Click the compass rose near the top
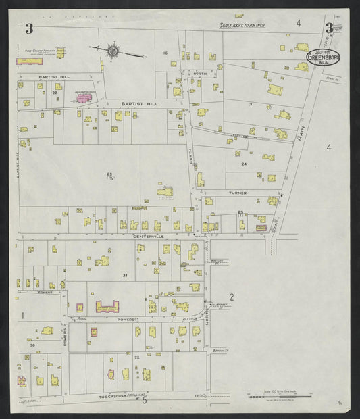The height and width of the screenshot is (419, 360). point(113,49)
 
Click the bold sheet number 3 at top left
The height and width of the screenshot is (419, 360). point(28,28)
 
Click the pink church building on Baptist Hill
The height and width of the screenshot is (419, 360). point(84,98)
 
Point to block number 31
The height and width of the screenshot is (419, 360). point(124,275)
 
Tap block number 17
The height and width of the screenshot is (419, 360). point(249,105)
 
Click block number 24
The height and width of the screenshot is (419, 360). point(244,164)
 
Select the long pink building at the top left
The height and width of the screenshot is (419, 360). point(29,61)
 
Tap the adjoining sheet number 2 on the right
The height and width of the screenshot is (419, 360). point(231,297)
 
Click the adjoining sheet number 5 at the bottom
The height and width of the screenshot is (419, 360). point(144,401)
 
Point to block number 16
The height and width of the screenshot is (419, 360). point(164,53)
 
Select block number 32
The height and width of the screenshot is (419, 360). point(136,356)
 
